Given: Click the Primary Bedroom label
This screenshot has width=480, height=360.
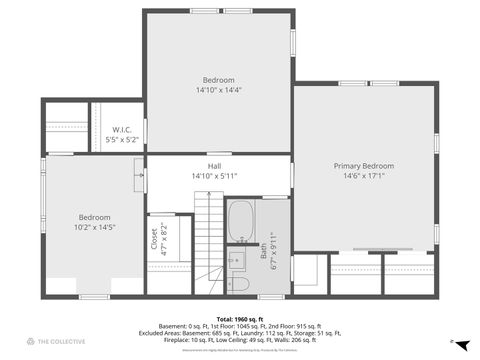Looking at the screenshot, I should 363,165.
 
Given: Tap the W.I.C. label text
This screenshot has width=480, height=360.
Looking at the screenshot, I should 122,129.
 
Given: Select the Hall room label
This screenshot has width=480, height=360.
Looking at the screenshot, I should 214,166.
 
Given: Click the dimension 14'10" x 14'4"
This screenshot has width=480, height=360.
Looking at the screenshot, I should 218,90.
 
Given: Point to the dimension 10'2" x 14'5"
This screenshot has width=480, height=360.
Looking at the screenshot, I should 96,227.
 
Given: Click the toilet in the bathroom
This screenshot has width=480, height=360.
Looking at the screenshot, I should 239,284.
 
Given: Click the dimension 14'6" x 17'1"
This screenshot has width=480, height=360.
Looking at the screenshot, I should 363,176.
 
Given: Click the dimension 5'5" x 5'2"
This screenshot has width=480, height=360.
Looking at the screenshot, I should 122,140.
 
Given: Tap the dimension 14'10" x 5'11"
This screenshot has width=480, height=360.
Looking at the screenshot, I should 214,176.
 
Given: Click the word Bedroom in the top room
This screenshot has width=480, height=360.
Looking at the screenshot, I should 218,80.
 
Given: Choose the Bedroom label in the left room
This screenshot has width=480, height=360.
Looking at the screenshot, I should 96,217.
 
